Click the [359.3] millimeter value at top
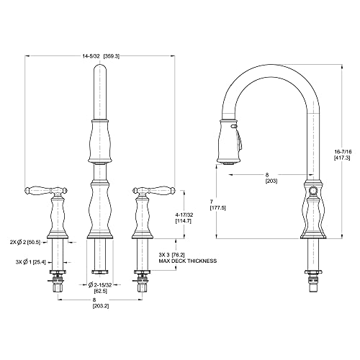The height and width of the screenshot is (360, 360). tap(112, 55)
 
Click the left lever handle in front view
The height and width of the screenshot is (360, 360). tap(40, 192)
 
